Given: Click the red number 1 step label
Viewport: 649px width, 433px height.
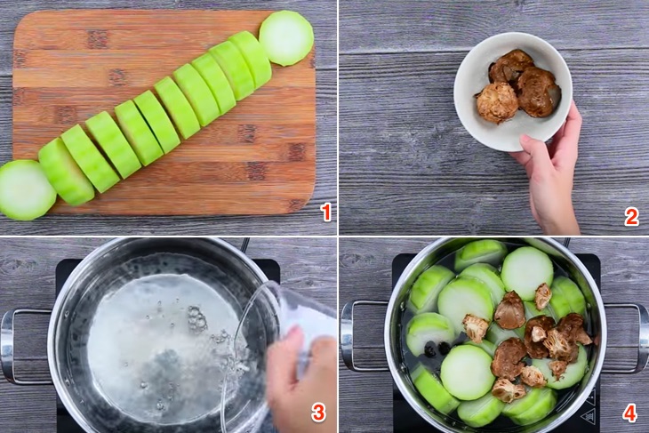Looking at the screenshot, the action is tap(326, 212).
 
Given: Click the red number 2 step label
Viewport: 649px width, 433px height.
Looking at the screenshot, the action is tap(631, 217).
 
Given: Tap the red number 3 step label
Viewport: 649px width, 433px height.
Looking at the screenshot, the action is tap(318, 413).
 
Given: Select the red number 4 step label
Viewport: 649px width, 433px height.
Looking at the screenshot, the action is tap(629, 413).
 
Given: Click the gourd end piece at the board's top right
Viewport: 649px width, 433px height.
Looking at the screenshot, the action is tap(286, 37).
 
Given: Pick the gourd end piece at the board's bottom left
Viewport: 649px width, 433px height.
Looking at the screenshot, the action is tap(26, 190).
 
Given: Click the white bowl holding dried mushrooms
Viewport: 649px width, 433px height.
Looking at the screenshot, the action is tap(513, 91).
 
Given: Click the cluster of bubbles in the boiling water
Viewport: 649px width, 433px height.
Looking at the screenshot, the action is tap(196, 318).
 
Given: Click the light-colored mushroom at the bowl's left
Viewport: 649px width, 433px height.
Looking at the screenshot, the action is tap(498, 102).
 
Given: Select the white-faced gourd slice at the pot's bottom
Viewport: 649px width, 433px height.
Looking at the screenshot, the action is tap(468, 373).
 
